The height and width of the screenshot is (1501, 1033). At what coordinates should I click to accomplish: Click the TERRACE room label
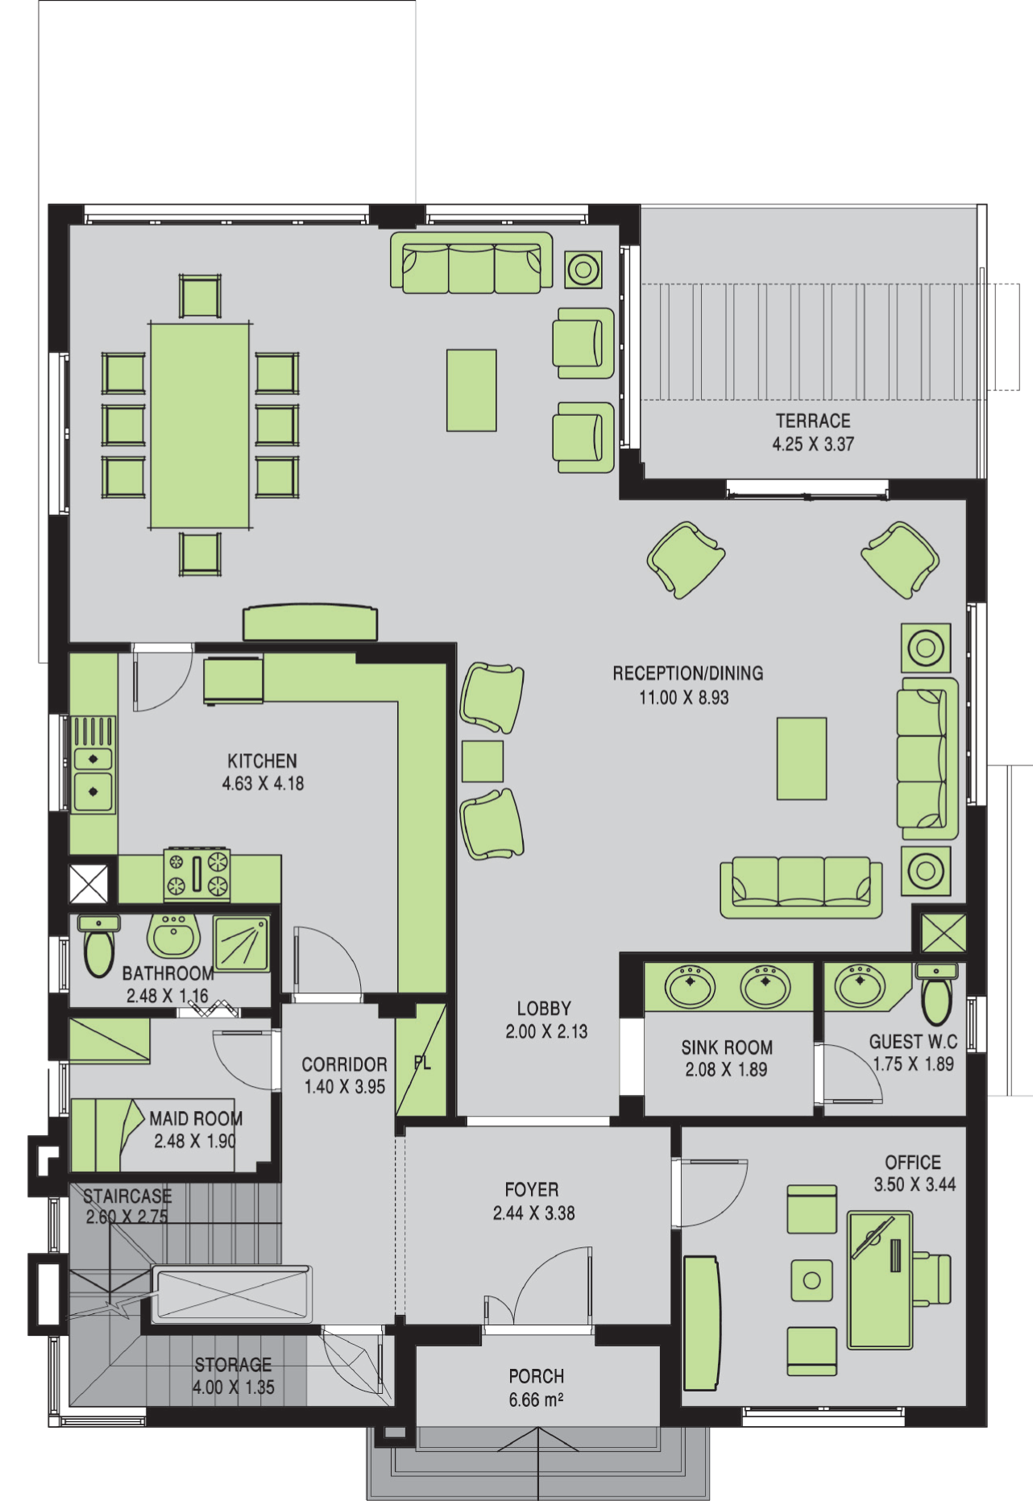coord(813,421)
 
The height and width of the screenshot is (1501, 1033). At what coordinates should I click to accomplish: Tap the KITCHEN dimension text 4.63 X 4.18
coord(263,783)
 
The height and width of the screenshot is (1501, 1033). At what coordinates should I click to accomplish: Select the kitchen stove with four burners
coord(197,874)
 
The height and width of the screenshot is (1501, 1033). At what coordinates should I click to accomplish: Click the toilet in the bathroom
coord(99,946)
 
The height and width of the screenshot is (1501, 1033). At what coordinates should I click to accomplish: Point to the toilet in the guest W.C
coord(936,993)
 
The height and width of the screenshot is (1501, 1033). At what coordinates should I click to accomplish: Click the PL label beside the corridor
coord(422,1063)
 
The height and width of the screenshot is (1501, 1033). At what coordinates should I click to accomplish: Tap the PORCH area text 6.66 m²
coord(536,1400)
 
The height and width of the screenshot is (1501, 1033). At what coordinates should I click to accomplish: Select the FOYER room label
coord(532,1189)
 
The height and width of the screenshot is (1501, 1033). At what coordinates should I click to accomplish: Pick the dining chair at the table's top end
coord(200,296)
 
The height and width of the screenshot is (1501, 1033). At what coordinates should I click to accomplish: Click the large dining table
coord(200,425)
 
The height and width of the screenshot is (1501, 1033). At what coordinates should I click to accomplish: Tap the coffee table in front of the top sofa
coord(471,390)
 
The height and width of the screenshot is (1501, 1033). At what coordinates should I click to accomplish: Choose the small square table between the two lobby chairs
coord(483,761)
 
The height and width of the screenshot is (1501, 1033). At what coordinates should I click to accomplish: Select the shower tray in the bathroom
coord(242,943)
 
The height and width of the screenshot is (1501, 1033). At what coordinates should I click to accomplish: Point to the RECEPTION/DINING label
coord(687,673)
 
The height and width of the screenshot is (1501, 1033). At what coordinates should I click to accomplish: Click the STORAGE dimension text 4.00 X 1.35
coord(234,1387)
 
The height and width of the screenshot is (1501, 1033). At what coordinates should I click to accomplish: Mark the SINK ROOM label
coord(727,1047)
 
